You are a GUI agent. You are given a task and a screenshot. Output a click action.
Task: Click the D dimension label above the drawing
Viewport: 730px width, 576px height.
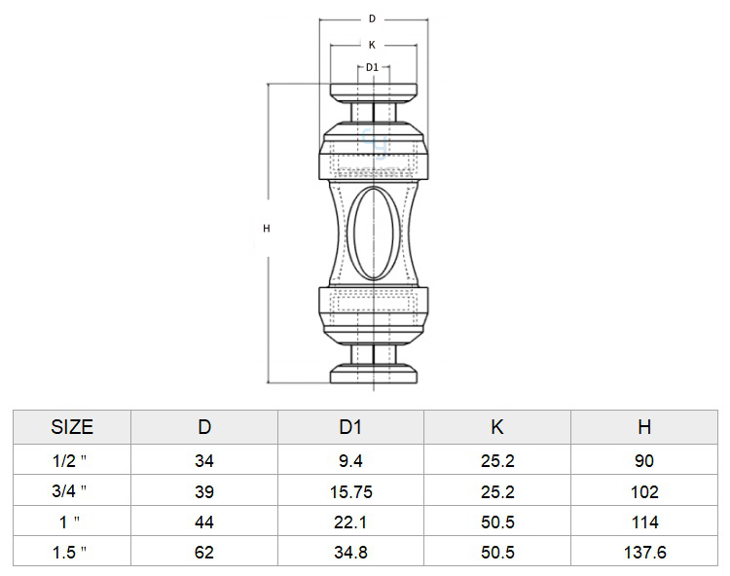point(372,18)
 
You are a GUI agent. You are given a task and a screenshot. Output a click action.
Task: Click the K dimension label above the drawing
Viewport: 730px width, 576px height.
point(372,45)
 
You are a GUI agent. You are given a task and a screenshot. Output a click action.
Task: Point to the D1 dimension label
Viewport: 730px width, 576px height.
point(372,67)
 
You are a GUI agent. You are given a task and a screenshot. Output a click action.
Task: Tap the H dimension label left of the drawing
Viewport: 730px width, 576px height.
point(267,229)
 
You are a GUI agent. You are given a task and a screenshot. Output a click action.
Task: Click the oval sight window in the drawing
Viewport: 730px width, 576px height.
point(374,233)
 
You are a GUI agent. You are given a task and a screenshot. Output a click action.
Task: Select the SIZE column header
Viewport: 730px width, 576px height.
point(72,427)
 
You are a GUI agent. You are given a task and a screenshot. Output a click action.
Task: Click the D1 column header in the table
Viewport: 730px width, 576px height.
point(350,427)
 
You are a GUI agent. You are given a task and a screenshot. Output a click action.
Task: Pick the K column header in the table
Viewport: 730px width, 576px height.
point(497,427)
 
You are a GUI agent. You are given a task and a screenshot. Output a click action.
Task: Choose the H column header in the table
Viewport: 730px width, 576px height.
point(644,427)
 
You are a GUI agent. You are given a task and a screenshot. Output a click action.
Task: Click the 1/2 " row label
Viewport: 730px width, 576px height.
point(69,460)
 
